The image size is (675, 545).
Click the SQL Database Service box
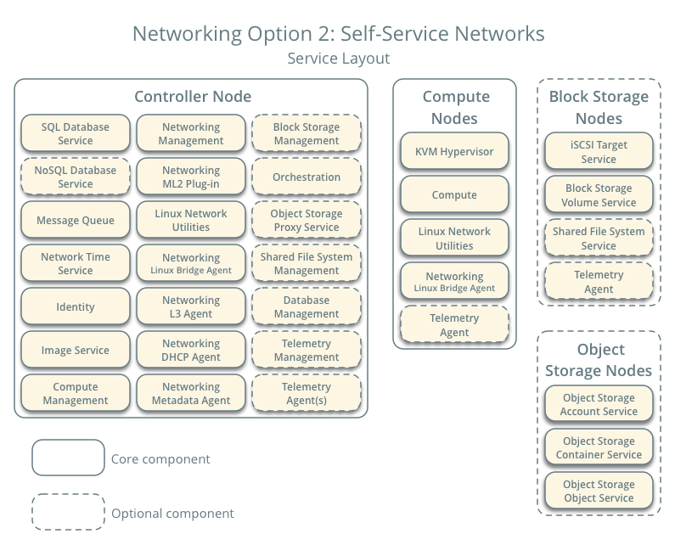(76, 133)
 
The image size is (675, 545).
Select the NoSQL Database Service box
(76, 177)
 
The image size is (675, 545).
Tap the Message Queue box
(76, 221)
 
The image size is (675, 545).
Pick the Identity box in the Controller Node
(76, 307)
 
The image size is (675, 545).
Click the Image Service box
(76, 350)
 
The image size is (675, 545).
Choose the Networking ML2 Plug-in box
(191, 177)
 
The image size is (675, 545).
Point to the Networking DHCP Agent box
(191, 350)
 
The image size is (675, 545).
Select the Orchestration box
(307, 177)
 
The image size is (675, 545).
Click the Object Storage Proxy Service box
(307, 221)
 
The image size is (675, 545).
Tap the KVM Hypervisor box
(454, 152)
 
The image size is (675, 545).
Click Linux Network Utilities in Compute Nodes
(454, 239)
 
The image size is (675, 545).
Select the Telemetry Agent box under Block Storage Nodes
(599, 282)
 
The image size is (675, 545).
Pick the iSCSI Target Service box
(599, 152)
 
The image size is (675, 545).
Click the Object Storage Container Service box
(599, 447)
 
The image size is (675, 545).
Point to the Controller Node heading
(193, 97)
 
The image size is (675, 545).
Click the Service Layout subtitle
(338, 59)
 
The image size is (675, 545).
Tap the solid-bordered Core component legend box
(68, 458)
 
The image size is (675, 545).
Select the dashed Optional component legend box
(68, 513)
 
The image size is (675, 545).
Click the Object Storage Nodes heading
(599, 360)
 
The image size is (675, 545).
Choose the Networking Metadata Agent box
(191, 393)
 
